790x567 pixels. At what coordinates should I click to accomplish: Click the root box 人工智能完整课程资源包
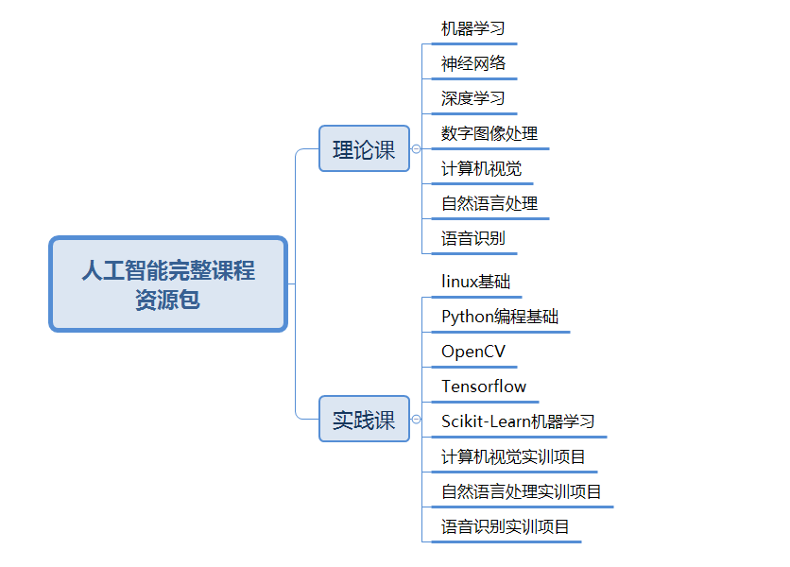click(x=168, y=284)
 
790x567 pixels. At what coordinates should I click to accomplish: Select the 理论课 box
click(x=364, y=148)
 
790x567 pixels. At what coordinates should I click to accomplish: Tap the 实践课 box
click(x=364, y=420)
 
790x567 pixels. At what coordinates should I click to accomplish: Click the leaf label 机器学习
click(x=472, y=28)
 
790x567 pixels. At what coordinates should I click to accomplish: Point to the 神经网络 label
click(x=473, y=63)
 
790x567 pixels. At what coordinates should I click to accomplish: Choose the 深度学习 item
click(x=472, y=98)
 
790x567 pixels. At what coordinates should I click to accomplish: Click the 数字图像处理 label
click(x=489, y=133)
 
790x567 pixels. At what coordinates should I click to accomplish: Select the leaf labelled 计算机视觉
click(x=481, y=168)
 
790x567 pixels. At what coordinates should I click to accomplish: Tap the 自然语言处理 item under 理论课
click(x=489, y=203)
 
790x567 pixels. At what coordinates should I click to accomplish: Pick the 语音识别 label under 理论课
click(x=472, y=238)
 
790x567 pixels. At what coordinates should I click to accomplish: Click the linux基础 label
click(x=475, y=282)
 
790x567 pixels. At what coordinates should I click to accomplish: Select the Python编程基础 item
click(x=500, y=317)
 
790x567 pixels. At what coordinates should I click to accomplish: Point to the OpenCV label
click(x=473, y=352)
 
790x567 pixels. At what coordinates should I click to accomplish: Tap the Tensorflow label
click(x=484, y=387)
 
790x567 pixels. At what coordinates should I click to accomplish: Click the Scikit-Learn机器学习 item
click(x=518, y=421)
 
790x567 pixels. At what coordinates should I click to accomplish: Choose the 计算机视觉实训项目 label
click(x=513, y=456)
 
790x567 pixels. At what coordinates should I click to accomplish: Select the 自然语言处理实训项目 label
click(x=521, y=491)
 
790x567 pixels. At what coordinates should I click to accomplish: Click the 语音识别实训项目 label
click(x=505, y=526)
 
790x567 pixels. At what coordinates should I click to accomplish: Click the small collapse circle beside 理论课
click(x=416, y=148)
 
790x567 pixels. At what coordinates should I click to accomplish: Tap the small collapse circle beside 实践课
click(x=416, y=420)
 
